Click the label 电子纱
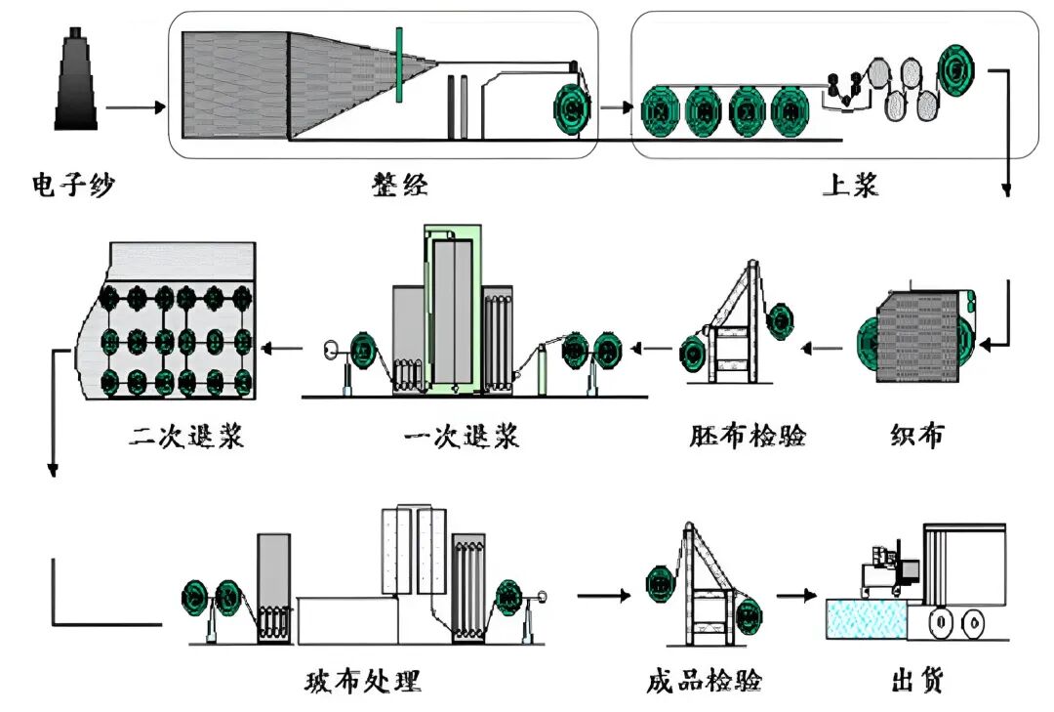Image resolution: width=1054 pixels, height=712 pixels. pyautogui.click(x=73, y=184)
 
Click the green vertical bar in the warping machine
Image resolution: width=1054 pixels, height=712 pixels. pyautogui.click(x=398, y=65)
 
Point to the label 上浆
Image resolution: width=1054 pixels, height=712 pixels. pyautogui.click(x=850, y=184)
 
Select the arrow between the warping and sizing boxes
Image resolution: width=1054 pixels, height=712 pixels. pyautogui.click(x=615, y=106)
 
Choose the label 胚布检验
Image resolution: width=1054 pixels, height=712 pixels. pyautogui.click(x=748, y=435)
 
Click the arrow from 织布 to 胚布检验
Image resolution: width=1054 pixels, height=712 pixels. pyautogui.click(x=824, y=346)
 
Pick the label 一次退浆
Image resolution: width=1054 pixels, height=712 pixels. pyautogui.click(x=462, y=435)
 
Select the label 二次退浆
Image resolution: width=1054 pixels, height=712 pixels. pyautogui.click(x=185, y=435)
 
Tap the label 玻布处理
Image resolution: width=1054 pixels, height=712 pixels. pyautogui.click(x=363, y=680)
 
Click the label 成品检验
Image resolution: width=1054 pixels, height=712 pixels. pyautogui.click(x=704, y=680)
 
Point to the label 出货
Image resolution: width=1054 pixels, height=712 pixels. pyautogui.click(x=917, y=680)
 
